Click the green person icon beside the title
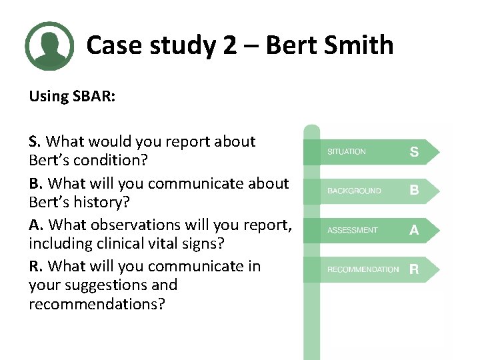coord(49,46)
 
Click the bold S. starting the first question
coord(35,141)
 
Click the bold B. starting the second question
coord(36,183)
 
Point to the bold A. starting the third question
coord(36,225)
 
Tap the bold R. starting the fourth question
coord(36,266)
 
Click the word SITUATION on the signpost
coord(346,152)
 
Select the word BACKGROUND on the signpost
coord(354,191)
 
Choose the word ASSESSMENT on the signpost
coord(352,231)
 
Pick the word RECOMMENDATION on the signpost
coord(363,270)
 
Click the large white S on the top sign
coord(414,152)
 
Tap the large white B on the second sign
coord(414,191)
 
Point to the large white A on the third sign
coord(414,230)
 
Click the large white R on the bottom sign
coord(414,269)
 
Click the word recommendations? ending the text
coord(96,304)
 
